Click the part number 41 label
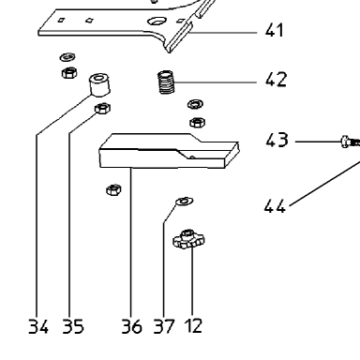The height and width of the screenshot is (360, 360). point(274,31)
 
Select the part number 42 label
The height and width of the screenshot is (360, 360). point(276,80)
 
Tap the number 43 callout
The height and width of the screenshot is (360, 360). point(277,140)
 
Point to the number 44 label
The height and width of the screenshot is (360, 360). point(275,206)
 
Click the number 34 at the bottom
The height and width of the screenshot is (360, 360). point(38,326)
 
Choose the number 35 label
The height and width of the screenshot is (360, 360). point(73,326)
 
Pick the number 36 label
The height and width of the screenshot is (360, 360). point(131,326)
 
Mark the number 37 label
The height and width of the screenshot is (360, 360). point(164,326)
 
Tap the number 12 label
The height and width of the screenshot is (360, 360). point(193,325)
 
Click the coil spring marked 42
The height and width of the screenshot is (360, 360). point(166,82)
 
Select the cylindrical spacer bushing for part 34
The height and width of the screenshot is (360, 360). point(99,84)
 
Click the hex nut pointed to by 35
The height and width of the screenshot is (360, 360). point(102,108)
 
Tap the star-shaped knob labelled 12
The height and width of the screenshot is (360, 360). point(188,239)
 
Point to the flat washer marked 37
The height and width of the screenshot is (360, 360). point(185,201)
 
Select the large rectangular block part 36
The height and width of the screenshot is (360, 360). point(169,151)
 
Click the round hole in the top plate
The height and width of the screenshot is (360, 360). point(157,22)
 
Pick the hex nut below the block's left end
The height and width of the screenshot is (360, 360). point(113,189)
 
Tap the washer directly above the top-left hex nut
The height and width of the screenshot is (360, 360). point(67,57)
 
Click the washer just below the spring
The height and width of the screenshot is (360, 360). point(196,104)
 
